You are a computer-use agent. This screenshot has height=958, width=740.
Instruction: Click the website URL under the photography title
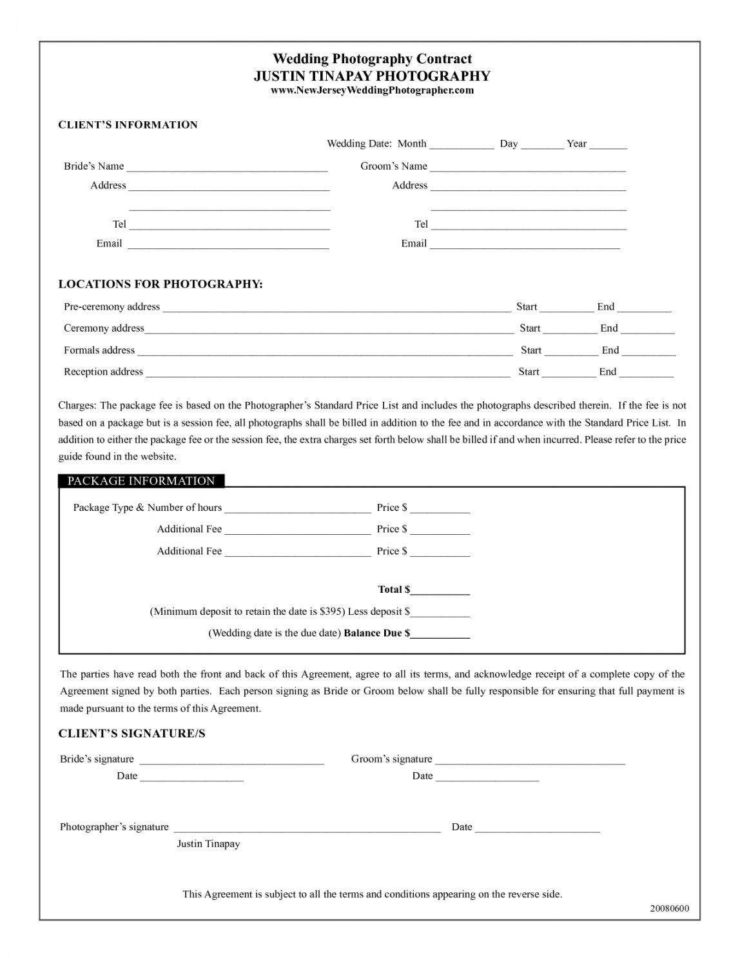tap(372, 90)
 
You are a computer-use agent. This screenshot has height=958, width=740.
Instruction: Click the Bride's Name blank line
tap(227, 168)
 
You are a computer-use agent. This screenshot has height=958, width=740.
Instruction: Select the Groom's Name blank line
tap(528, 168)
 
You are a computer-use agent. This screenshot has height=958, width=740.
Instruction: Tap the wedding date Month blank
tap(462, 145)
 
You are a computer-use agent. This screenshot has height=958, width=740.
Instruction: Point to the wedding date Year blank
tap(608, 145)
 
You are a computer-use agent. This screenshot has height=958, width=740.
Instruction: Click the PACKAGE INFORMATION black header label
tap(141, 481)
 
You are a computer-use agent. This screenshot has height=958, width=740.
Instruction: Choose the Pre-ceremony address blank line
tap(336, 308)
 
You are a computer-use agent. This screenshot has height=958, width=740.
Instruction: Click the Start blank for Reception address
tap(569, 374)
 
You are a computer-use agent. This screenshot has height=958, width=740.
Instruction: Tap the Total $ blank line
tap(440, 591)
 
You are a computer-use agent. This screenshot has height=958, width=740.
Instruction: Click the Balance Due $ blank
tap(440, 635)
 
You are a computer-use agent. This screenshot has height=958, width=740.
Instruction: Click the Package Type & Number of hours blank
tap(297, 509)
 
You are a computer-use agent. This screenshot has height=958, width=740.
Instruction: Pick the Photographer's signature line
tap(307, 828)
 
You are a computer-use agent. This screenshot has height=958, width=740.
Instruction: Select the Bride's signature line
tap(231, 761)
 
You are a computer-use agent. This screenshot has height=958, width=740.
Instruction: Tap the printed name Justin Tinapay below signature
tap(208, 844)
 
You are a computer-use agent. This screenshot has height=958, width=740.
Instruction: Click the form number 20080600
tap(670, 908)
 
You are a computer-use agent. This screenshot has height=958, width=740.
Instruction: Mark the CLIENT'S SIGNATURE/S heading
tap(131, 733)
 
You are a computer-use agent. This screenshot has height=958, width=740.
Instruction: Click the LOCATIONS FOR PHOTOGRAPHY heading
tap(161, 284)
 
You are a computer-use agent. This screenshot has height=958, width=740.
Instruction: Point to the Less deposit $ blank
tap(440, 613)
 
